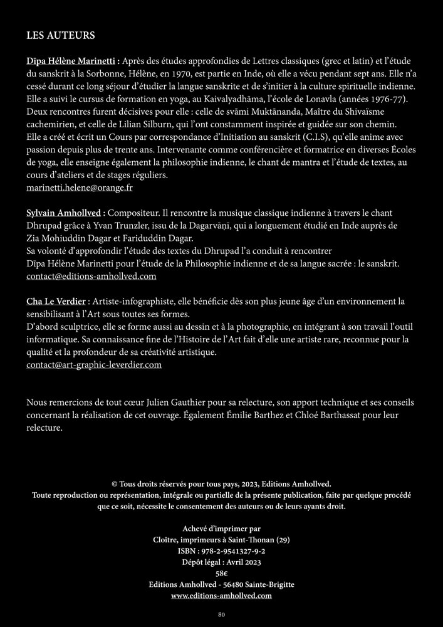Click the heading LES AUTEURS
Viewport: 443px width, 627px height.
[60, 35]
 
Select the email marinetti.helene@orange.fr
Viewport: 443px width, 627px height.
[80, 187]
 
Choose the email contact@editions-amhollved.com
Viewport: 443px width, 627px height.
[91, 276]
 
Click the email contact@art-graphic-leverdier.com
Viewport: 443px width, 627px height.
[94, 364]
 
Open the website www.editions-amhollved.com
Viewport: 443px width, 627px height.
[221, 596]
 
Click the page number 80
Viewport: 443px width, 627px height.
[221, 614]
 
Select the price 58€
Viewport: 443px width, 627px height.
[221, 573]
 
